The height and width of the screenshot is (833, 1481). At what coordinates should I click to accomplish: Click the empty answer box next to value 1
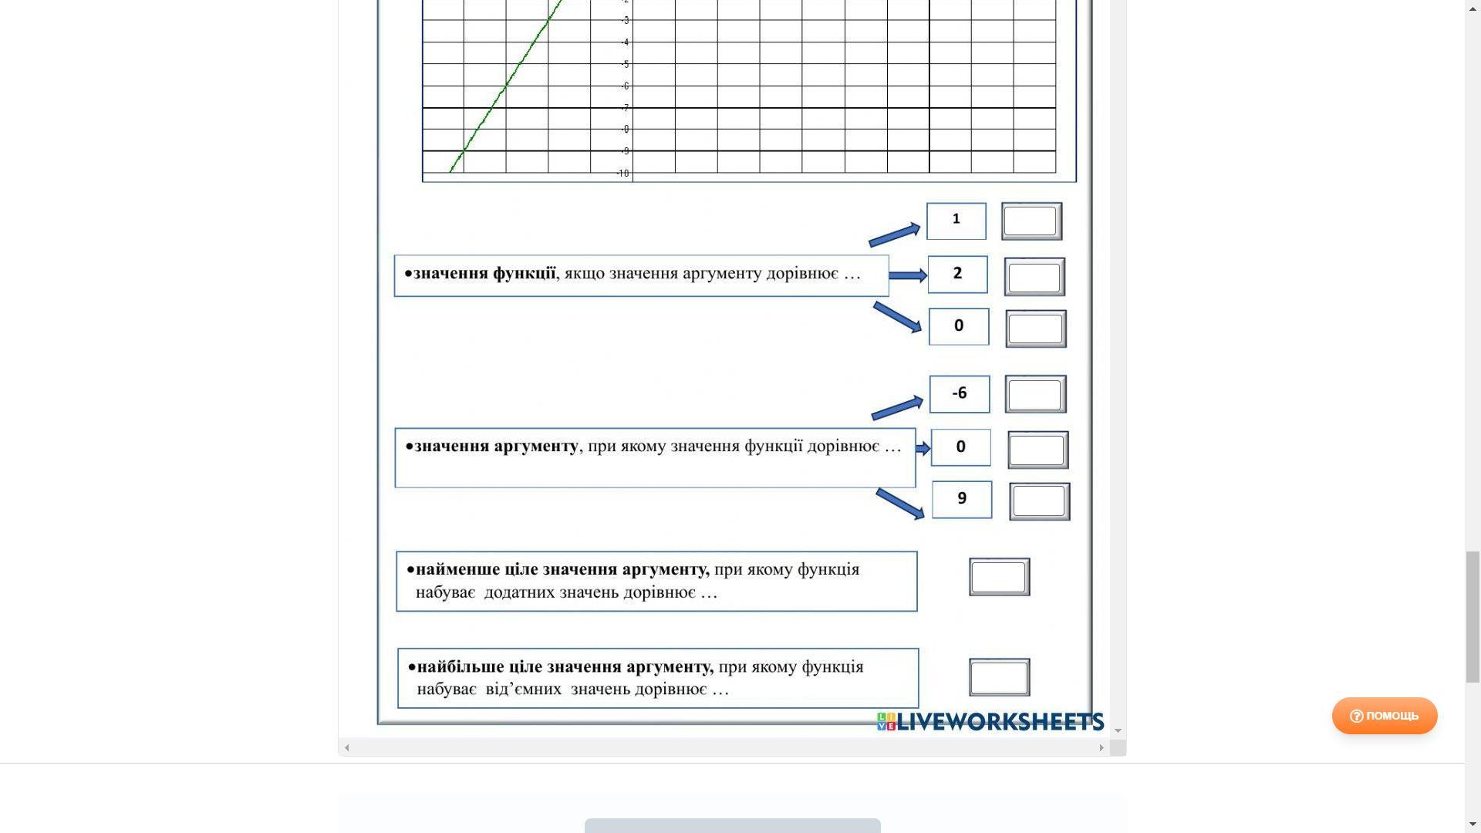coord(1031,221)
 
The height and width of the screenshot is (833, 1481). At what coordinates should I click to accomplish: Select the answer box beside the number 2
coord(1034,277)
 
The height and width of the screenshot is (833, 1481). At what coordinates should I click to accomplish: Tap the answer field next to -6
coord(1035,395)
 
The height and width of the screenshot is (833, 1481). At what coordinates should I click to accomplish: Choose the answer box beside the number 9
coord(1039,501)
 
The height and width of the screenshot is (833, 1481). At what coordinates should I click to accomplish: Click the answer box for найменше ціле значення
coord(999,577)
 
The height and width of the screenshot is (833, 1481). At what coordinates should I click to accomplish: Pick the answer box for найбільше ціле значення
coord(999,677)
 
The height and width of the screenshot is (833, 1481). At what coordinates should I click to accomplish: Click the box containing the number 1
coord(956,221)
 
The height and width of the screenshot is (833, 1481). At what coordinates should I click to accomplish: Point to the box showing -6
coord(960,394)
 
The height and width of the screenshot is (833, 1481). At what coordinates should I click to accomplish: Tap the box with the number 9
coord(962,499)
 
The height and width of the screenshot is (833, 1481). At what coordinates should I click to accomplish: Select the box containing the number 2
coord(957,275)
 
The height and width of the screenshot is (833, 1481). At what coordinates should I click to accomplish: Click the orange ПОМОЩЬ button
coord(1385,716)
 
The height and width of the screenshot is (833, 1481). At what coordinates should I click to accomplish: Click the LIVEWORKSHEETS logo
coord(990,722)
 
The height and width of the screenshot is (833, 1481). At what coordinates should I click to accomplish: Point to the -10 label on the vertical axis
coord(622,174)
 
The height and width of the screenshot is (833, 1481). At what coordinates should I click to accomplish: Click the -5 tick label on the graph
coord(625,64)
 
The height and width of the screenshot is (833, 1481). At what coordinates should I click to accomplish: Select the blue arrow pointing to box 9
coord(900,503)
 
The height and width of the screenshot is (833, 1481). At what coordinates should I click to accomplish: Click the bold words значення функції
coord(484,274)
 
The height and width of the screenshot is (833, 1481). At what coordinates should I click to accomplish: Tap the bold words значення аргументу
coord(496,447)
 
